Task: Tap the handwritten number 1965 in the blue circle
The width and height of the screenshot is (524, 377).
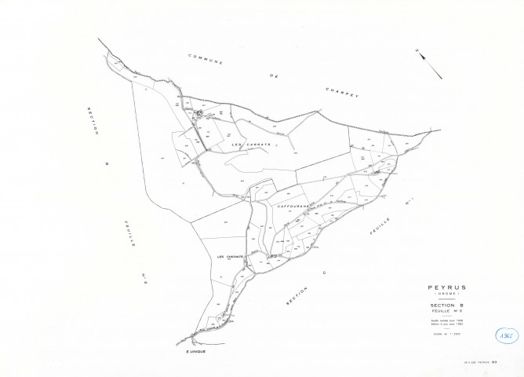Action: point(507,333)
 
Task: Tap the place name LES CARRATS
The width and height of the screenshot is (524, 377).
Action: point(251,145)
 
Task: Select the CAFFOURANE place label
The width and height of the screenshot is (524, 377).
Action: point(293,207)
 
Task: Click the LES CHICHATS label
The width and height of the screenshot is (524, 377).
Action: point(231,257)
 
